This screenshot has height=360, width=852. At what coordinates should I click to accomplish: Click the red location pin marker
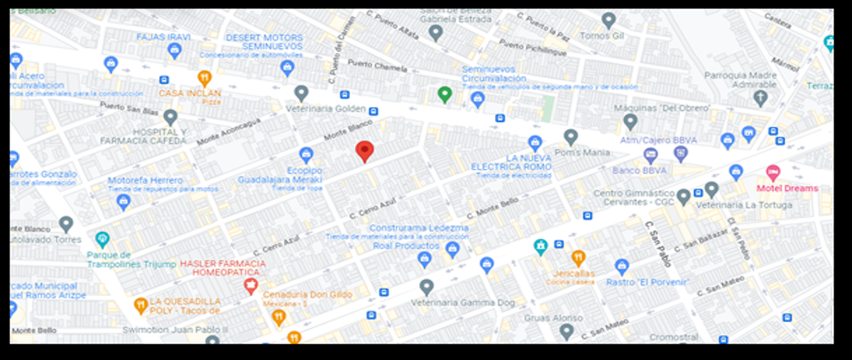[x=364, y=151]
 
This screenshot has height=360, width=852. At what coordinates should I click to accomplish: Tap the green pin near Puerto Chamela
[x=444, y=94]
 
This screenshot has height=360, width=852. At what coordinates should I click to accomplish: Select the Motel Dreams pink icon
[x=772, y=173]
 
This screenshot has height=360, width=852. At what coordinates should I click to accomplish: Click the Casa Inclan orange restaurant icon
[x=204, y=78]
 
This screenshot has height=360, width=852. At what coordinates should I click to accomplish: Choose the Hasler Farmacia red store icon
[x=250, y=286]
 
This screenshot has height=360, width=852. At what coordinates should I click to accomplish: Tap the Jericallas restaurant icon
[x=578, y=258]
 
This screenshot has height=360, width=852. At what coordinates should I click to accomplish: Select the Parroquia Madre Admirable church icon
[x=760, y=98]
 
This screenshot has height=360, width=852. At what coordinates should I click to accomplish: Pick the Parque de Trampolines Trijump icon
[x=103, y=239]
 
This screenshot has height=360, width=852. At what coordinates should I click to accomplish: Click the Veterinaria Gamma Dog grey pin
[x=426, y=287]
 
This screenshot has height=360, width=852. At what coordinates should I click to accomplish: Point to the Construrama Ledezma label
[x=419, y=228]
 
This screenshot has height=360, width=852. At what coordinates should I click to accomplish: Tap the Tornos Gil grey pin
[x=608, y=21]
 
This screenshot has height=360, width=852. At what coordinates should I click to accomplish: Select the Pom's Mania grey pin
[x=571, y=137]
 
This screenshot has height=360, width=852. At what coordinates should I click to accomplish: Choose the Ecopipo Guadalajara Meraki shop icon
[x=306, y=155]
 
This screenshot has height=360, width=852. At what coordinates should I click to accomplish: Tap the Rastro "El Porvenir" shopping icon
[x=622, y=266]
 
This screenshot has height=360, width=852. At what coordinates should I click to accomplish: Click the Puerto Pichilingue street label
[x=532, y=48]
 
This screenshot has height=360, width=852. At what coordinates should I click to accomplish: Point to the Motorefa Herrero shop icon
[x=124, y=202]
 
